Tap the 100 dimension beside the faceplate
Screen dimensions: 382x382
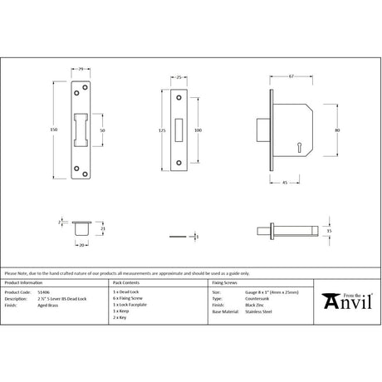point(197,130)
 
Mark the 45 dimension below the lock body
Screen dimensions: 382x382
point(285,184)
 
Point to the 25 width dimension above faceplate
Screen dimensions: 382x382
point(179,76)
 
